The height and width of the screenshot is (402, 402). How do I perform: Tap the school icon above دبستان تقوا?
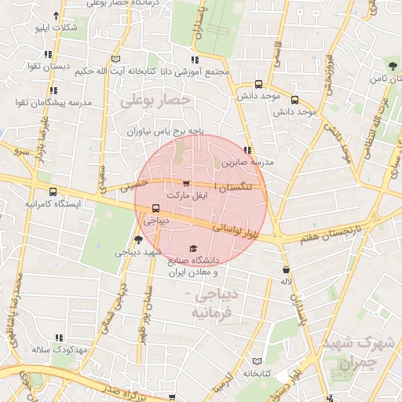(49, 55)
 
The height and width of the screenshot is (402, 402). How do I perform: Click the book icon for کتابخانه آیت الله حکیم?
(115, 58)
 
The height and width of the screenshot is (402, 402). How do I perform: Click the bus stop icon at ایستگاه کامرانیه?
(53, 192)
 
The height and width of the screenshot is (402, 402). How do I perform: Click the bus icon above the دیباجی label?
(155, 209)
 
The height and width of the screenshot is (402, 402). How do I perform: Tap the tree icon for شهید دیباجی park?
(138, 239)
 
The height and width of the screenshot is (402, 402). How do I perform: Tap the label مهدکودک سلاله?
(57, 349)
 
